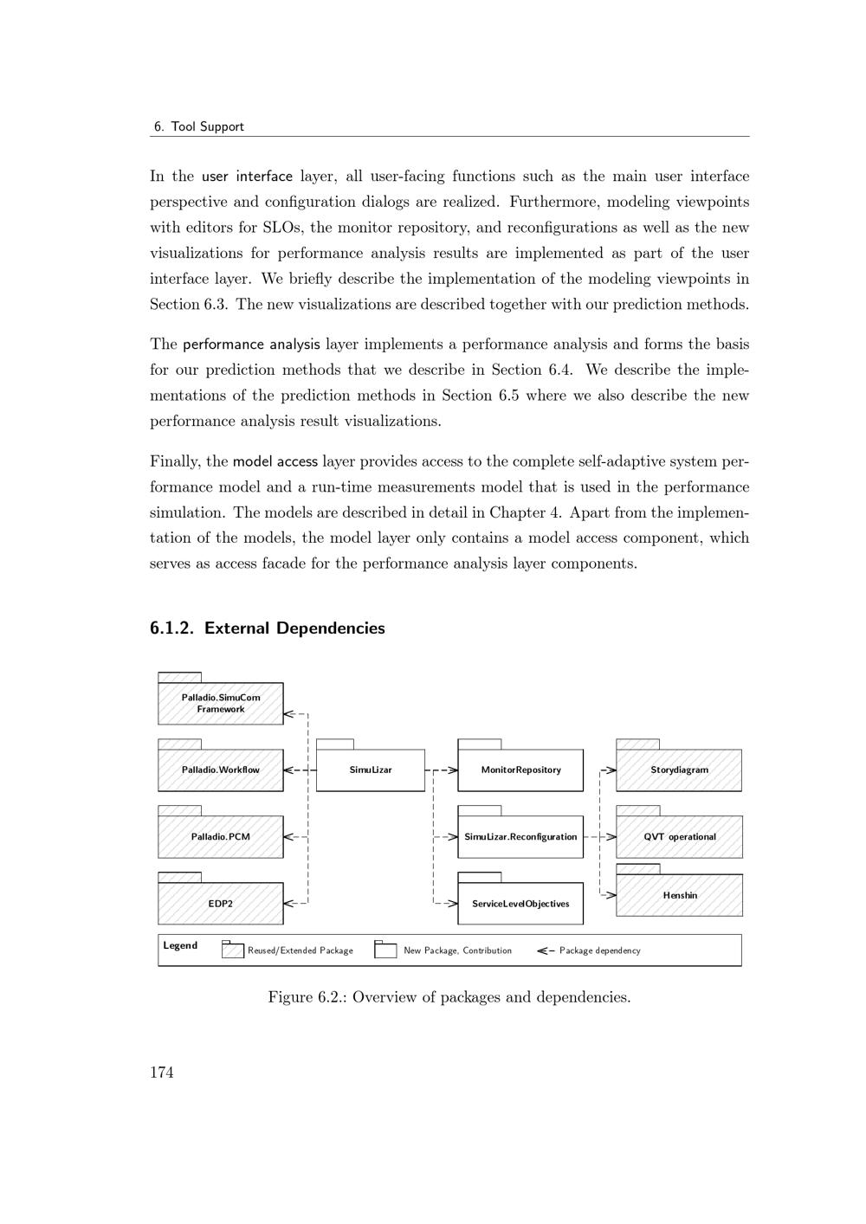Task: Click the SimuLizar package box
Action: pos(370,770)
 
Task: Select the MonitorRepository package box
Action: pos(520,770)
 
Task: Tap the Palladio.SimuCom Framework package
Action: pos(220,703)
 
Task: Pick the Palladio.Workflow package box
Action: pos(220,770)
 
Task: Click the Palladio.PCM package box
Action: pos(220,836)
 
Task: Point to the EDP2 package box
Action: pos(220,903)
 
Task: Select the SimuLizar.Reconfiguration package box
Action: pos(520,836)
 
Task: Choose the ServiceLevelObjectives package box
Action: pos(520,903)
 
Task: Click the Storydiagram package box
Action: pos(679,770)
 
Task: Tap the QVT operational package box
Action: pos(679,836)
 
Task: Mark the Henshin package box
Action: pos(679,895)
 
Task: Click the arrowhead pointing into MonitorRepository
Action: pos(452,770)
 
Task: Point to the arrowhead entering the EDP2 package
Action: pos(289,903)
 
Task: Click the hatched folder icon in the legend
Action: pos(233,950)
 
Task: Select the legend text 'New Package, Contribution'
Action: pos(457,950)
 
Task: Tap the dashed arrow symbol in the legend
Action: pos(546,950)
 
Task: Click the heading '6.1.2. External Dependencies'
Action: pos(268,628)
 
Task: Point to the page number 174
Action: pos(162,1073)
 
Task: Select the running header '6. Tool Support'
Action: pos(198,126)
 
